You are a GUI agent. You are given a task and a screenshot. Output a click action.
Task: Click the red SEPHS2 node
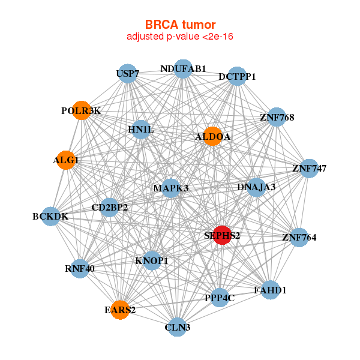(x=222, y=236)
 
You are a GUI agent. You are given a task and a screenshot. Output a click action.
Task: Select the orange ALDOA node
(x=212, y=137)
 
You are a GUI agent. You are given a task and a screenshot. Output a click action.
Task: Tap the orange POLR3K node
(x=82, y=110)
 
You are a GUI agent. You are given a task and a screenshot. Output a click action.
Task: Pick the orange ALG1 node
(x=66, y=160)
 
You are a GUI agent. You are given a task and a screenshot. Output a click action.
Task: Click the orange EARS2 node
(x=120, y=310)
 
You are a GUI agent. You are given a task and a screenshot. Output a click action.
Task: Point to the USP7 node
(x=128, y=74)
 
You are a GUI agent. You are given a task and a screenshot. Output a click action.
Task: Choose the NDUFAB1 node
(x=183, y=69)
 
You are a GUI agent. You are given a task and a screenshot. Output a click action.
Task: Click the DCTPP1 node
(x=237, y=76)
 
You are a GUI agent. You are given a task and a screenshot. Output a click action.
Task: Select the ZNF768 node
(x=277, y=117)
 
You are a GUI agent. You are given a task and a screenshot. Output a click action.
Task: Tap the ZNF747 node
(x=309, y=168)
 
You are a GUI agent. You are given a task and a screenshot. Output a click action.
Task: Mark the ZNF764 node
(x=299, y=238)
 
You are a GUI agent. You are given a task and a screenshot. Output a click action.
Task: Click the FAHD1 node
(x=270, y=290)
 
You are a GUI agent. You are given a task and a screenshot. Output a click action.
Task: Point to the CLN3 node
(x=177, y=327)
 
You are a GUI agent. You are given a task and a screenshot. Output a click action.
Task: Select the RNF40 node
(x=80, y=268)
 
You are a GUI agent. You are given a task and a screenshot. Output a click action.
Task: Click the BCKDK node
(x=50, y=216)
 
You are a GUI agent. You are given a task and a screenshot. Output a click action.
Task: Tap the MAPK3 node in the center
(x=171, y=188)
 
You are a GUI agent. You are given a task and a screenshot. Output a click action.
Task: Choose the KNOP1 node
(x=152, y=260)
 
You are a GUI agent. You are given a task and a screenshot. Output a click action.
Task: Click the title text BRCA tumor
(x=180, y=25)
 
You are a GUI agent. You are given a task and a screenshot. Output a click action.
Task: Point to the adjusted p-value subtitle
(x=180, y=37)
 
